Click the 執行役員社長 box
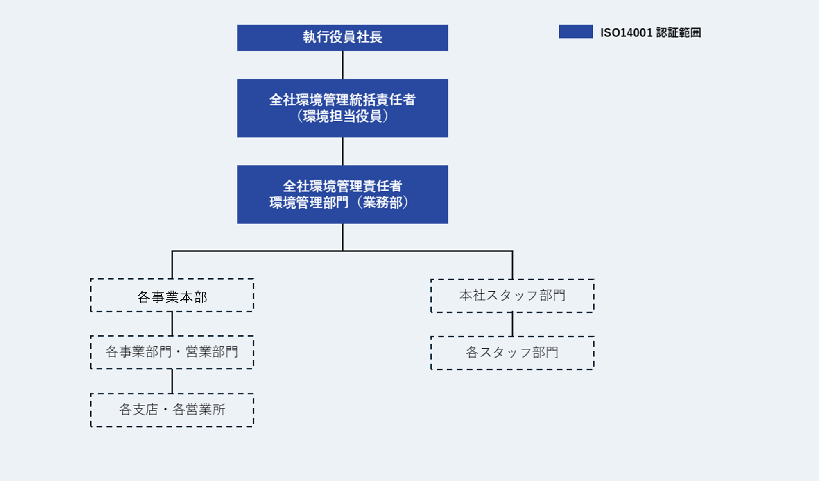point(342,38)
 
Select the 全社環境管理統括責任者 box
point(342,108)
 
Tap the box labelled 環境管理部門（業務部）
point(342,194)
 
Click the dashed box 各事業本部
point(172,296)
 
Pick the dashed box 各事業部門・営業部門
point(172,352)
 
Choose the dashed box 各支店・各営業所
point(172,410)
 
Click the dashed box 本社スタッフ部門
point(512,296)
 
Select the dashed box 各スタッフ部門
point(512,353)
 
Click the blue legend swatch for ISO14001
point(575,32)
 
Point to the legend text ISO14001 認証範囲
point(650,33)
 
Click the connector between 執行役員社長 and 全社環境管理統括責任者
point(342,65)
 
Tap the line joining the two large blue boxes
point(342,151)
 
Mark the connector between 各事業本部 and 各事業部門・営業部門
point(172,324)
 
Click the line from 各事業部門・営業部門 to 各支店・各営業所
point(172,381)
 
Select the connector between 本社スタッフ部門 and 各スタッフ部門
point(512,324)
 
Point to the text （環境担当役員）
point(342,116)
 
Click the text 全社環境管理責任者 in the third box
point(342,186)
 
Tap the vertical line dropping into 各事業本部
point(172,265)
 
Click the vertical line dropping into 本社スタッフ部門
point(512,265)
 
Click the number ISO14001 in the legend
point(626,33)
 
